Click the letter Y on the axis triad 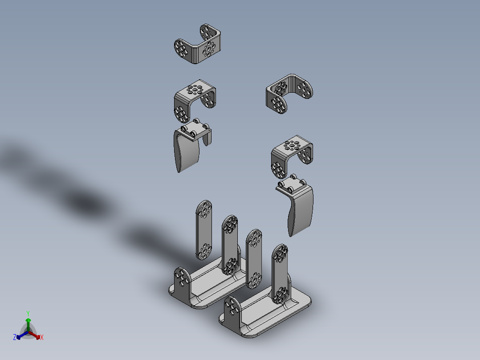point(28,313)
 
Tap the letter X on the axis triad point(42,337)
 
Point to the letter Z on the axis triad point(15,337)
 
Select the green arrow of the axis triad point(28,324)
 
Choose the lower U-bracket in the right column point(291,156)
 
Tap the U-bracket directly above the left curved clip point(195,101)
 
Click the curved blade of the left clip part point(186,151)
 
